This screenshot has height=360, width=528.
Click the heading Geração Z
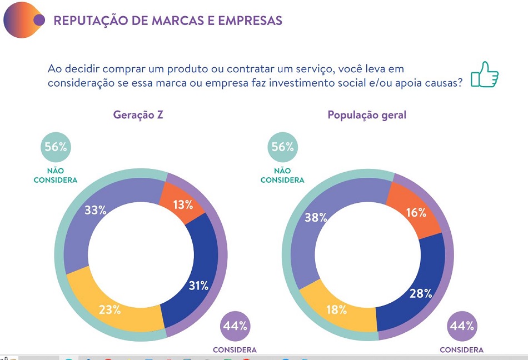pyautogui.click(x=138, y=115)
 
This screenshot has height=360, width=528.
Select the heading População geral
pyautogui.click(x=367, y=115)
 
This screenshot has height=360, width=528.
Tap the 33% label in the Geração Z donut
pyautogui.click(x=95, y=210)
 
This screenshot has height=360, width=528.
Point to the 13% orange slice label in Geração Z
pyautogui.click(x=182, y=204)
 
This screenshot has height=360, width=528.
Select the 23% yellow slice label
pyautogui.click(x=110, y=309)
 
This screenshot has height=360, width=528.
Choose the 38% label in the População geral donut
pyautogui.click(x=316, y=217)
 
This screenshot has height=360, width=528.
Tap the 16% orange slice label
pyautogui.click(x=416, y=212)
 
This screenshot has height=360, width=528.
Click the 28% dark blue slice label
pyautogui.click(x=421, y=293)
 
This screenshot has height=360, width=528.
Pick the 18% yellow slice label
pyautogui.click(x=336, y=309)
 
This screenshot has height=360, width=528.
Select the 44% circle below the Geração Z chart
pyautogui.click(x=235, y=326)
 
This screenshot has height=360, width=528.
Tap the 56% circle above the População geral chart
pyautogui.click(x=282, y=147)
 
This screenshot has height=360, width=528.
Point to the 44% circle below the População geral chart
pyautogui.click(x=462, y=326)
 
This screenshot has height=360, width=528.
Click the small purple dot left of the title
pyautogui.click(x=39, y=20)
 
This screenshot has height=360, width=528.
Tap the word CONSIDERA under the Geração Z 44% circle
pyautogui.click(x=235, y=350)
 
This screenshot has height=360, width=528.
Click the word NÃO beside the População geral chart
pyautogui.click(x=282, y=171)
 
